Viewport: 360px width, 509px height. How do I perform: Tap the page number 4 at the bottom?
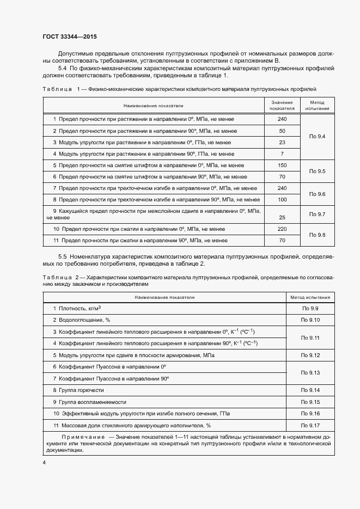44,462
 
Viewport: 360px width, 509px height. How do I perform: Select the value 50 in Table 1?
282,131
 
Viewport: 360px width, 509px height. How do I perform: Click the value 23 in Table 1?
282,142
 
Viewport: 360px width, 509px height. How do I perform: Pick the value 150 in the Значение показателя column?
282,165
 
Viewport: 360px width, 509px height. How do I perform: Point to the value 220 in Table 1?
282,229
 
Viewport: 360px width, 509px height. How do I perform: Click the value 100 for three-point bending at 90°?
282,200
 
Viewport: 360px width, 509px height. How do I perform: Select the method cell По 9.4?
317,136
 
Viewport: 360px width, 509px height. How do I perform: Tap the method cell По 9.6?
317,194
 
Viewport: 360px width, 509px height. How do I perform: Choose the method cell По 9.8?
317,235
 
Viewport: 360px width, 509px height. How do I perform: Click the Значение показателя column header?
282,105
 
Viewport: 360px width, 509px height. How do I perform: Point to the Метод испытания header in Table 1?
317,105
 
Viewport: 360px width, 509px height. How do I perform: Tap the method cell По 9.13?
310,373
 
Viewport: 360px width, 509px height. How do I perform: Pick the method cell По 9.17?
310,425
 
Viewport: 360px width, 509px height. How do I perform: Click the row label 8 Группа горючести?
78,390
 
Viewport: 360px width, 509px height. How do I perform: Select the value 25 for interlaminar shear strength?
282,217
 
